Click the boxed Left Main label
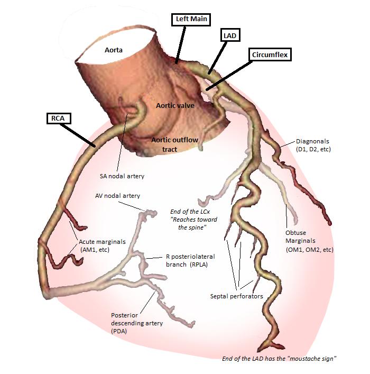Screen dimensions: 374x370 191,20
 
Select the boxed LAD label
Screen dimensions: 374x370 231,35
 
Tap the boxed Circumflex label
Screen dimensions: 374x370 271,54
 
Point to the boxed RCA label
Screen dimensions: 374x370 55,118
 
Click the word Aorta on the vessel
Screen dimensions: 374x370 113,50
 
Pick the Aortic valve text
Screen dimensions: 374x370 175,105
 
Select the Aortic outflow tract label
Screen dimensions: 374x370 172,144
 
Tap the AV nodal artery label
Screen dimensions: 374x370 117,196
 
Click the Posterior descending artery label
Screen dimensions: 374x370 137,323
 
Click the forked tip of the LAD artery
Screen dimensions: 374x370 274,344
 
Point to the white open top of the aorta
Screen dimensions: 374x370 108,32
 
